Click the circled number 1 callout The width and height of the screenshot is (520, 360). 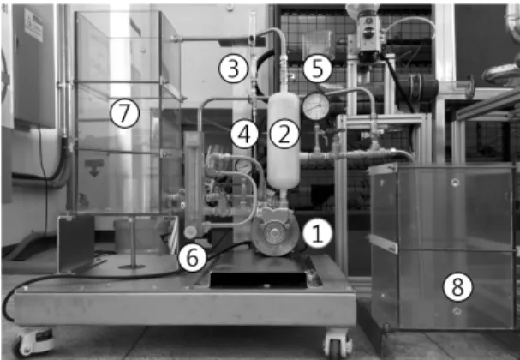[317, 234]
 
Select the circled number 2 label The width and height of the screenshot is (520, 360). [284, 134]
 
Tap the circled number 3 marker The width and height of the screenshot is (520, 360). [233, 69]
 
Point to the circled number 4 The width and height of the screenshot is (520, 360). [245, 134]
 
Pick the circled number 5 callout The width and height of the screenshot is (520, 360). [317, 69]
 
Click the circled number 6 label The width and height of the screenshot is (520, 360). [193, 257]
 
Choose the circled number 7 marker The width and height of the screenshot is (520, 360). [125, 113]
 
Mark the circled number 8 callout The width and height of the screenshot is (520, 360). [457, 287]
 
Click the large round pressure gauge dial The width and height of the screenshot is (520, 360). [315, 106]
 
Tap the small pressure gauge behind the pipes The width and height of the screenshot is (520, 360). [244, 166]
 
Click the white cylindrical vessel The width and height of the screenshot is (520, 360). [284, 141]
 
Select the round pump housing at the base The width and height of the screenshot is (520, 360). [275, 233]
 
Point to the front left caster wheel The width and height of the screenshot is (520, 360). [33, 342]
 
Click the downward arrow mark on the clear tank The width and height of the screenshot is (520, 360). [94, 167]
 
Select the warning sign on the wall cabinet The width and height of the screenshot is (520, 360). [33, 24]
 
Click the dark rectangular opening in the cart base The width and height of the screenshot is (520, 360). [259, 279]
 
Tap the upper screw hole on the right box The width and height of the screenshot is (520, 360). [456, 183]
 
